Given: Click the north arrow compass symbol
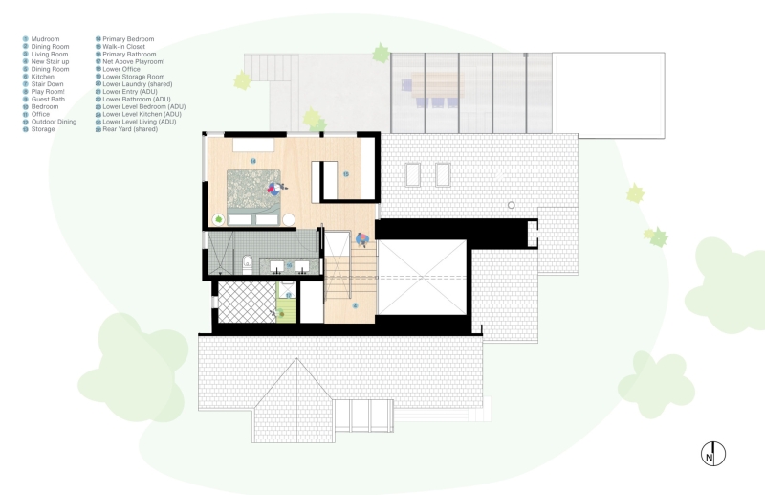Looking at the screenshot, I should coord(713,454).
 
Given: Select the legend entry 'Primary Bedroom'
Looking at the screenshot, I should coord(127,39).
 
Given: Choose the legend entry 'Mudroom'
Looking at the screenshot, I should coord(44,39).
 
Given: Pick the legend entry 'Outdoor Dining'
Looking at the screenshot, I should coord(54,121).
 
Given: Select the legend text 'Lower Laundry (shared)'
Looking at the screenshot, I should coord(137,83).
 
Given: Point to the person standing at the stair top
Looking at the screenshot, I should coord(362,239).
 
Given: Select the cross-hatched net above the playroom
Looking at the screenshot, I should coord(245,302).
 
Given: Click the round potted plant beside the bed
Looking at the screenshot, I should coord(219,219).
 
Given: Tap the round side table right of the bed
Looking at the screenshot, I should coord(288,219).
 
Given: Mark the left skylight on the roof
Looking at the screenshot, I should coord(413,174).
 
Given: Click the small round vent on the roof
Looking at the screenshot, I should coord(512,205).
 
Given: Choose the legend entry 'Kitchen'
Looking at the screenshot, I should coord(42,77).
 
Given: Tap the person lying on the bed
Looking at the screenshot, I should coord(274,189).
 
